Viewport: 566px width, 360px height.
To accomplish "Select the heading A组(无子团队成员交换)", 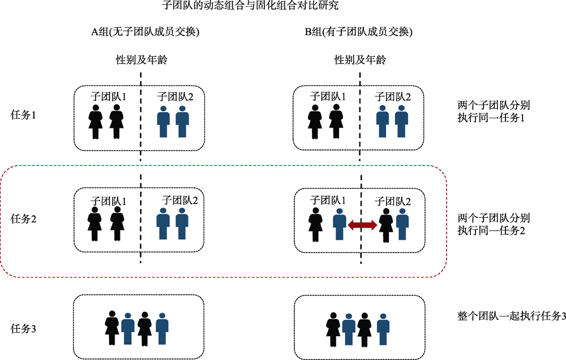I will [146, 32].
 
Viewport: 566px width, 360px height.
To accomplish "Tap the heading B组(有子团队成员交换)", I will [359, 32].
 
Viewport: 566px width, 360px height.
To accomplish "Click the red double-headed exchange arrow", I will [362, 225].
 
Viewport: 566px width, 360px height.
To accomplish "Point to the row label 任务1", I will [24, 115].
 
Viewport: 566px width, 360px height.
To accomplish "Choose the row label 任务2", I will [24, 219].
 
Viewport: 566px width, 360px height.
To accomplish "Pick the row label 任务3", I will [24, 328].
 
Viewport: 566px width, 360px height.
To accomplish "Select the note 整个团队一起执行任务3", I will [511, 316].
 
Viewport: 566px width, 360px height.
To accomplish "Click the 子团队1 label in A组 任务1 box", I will [108, 96].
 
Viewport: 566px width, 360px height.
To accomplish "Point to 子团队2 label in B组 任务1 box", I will [393, 96].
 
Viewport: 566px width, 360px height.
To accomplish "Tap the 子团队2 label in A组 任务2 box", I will [180, 200].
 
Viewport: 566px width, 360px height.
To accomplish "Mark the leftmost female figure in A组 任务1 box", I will [96, 121].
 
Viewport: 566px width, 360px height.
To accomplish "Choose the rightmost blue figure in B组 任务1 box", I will [401, 121].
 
